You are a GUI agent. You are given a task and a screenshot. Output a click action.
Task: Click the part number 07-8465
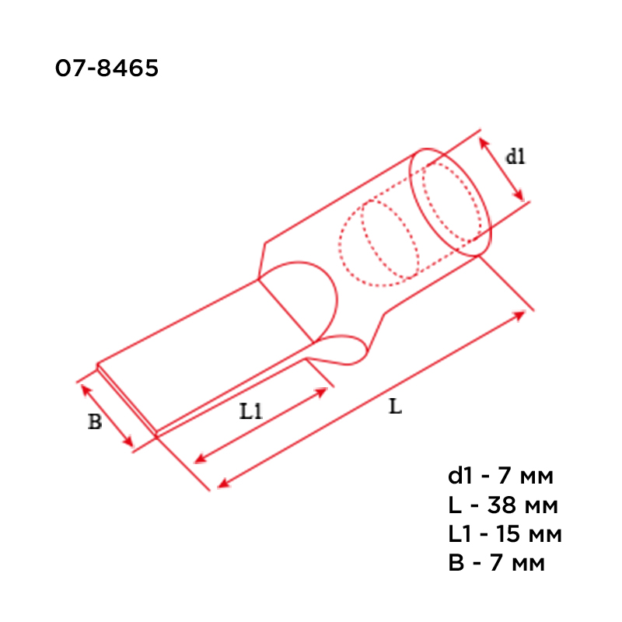(x=107, y=68)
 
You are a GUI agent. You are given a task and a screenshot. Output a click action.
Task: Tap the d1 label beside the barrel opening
(x=515, y=156)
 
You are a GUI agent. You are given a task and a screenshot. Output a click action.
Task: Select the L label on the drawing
(x=396, y=407)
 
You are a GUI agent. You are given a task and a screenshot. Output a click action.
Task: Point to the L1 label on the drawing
(x=251, y=411)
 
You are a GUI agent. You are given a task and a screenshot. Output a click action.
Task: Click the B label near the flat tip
(x=95, y=421)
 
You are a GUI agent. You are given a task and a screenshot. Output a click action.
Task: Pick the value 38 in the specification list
(x=501, y=505)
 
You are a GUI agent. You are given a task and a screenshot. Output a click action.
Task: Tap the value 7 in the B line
(x=496, y=563)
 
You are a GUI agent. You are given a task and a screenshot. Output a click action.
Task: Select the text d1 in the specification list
(x=460, y=476)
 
